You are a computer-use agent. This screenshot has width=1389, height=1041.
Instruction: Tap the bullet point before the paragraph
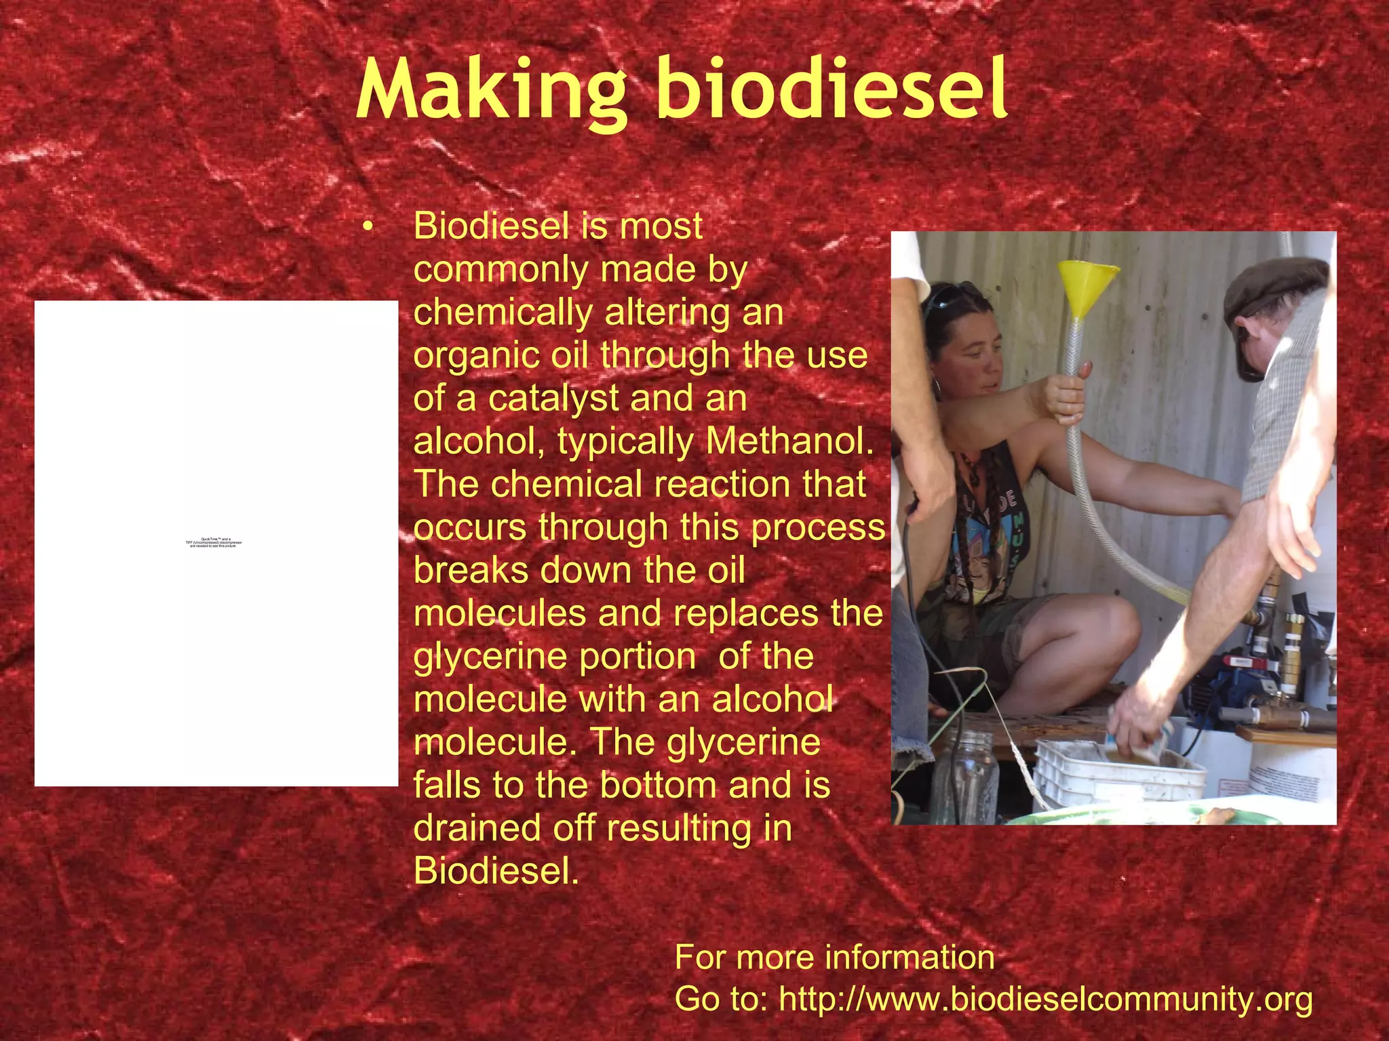point(368,228)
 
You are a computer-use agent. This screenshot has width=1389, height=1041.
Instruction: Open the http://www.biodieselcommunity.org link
point(1045,999)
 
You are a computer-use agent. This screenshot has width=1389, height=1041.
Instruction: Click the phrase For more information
point(834,957)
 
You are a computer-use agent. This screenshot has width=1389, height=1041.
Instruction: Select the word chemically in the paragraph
point(503,312)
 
